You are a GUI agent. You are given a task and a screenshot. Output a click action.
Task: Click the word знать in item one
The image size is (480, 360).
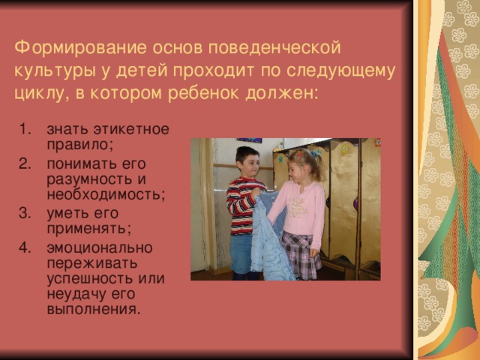coord(63,129)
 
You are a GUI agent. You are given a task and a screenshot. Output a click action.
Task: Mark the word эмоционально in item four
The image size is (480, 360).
coord(98,247)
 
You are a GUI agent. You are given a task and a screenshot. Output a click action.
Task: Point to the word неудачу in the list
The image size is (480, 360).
coord(73,294)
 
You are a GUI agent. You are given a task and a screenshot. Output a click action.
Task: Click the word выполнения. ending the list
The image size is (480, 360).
coord(92,309)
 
